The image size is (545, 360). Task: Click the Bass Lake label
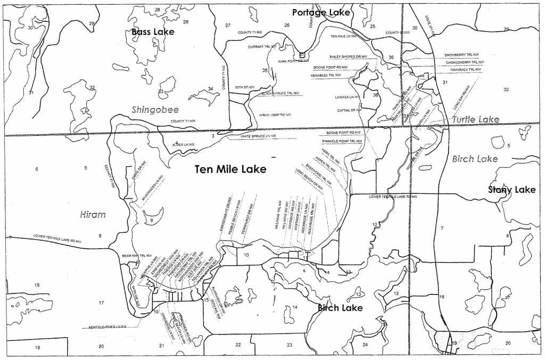click(153, 32)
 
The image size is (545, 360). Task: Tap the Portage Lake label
click(321, 12)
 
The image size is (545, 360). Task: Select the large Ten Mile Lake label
click(230, 169)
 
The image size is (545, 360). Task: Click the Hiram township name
click(93, 215)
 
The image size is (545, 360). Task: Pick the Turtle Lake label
click(476, 120)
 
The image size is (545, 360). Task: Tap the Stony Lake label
click(512, 190)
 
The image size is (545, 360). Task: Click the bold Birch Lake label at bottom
click(340, 308)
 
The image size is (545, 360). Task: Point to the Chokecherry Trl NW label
click(464, 62)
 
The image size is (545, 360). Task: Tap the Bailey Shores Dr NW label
click(348, 56)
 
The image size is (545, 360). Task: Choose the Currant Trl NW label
click(262, 47)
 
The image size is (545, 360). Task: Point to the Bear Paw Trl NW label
click(137, 255)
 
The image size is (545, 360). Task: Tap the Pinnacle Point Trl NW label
click(342, 141)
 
